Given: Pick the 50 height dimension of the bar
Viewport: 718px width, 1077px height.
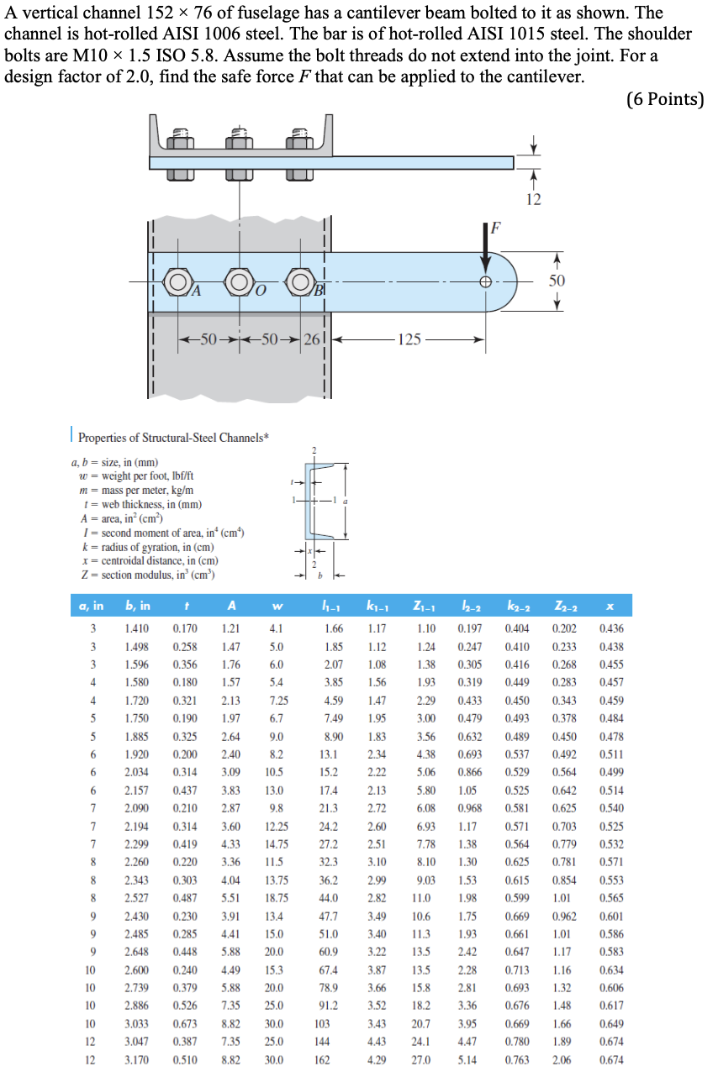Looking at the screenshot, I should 557,280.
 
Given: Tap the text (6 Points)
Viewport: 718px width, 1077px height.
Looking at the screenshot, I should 664,99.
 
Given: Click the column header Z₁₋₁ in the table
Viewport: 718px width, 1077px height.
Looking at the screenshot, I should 424,606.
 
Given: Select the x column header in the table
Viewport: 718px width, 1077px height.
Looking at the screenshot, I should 609,606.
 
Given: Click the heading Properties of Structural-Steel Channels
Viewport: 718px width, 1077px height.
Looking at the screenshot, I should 173,437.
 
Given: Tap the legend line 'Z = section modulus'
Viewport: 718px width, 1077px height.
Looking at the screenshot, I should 145,575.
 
